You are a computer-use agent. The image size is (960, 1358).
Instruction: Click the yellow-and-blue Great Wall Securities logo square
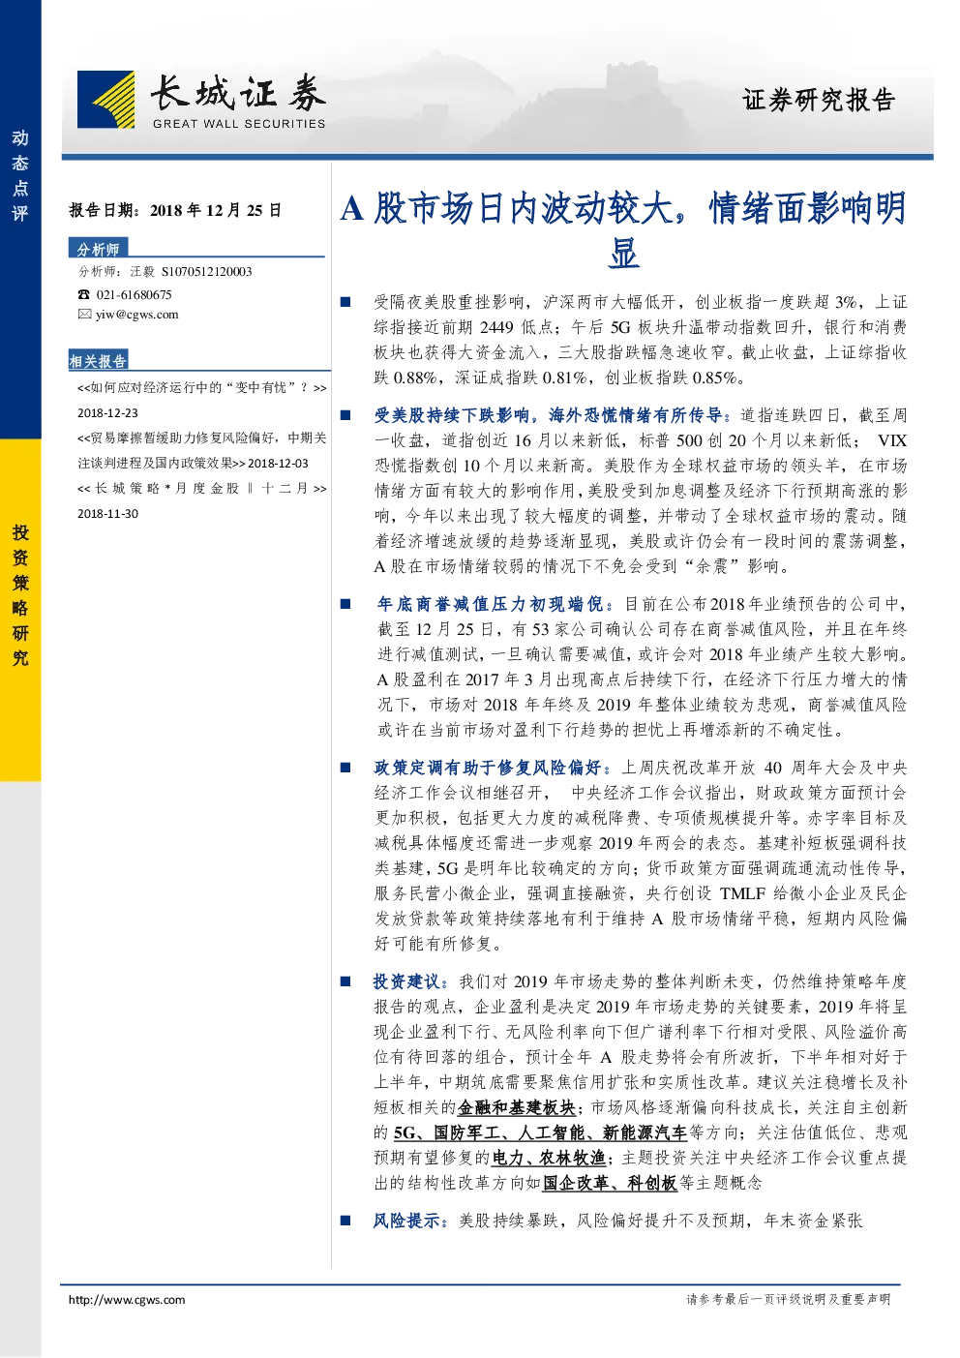105,100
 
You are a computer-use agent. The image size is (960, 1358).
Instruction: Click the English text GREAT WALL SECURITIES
239,124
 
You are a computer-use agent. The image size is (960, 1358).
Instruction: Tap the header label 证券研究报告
819,100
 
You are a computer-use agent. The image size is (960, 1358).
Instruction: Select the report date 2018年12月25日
215,210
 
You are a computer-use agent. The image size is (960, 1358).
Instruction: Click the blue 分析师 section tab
98,249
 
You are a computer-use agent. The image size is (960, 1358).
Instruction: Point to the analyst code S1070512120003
206,272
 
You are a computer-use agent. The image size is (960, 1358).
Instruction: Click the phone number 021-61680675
134,294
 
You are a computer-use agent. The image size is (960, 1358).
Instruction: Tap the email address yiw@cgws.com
137,314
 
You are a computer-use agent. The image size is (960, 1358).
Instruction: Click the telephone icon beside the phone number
83,294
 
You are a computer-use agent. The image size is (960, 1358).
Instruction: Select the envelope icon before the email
84,314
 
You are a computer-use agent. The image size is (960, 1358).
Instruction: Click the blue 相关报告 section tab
98,361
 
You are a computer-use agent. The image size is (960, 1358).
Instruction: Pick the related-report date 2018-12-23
107,413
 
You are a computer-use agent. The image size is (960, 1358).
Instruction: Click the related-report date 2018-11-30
107,514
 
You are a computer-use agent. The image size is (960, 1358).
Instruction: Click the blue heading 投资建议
406,981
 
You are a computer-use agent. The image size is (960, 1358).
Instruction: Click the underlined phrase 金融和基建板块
517,1107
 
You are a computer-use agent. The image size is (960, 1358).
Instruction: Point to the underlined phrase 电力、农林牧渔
549,1158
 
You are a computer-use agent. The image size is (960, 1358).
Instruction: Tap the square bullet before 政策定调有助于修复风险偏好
345,769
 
